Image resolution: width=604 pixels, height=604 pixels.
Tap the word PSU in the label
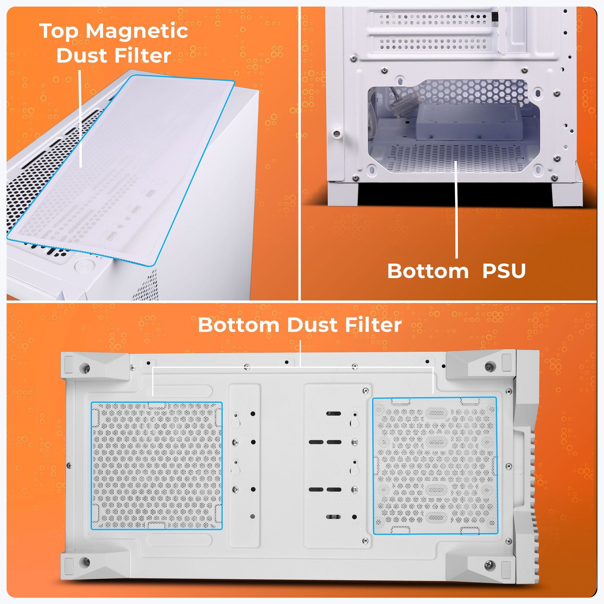(x=504, y=271)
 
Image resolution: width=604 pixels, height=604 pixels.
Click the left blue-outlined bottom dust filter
(x=156, y=466)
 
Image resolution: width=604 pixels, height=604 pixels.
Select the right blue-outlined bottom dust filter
(x=435, y=466)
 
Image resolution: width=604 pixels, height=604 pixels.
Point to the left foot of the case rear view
(x=343, y=194)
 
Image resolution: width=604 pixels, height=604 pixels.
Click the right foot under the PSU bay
(x=567, y=194)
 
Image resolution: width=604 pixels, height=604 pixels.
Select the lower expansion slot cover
(x=433, y=44)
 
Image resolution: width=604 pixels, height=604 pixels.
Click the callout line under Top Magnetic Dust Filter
(x=80, y=119)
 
